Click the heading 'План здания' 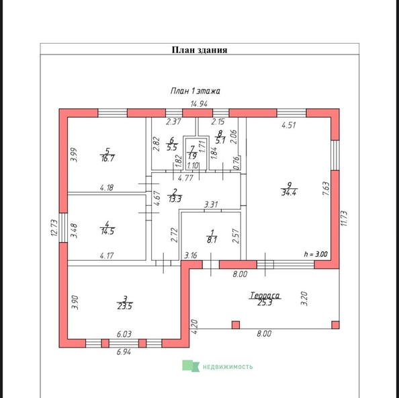(x=199, y=50)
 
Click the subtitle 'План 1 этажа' (x=195, y=91)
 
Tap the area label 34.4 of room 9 (x=289, y=192)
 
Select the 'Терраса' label (x=265, y=295)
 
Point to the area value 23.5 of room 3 (x=125, y=306)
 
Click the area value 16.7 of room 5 (x=107, y=159)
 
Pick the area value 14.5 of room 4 (x=107, y=231)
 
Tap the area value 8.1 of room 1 (x=212, y=240)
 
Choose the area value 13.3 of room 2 (x=175, y=199)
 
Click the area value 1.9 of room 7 (x=192, y=156)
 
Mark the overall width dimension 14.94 (x=199, y=104)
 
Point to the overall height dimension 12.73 (x=54, y=228)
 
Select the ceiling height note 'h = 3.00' (x=316, y=254)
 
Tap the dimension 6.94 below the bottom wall (x=124, y=352)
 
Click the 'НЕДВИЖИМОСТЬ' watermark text (x=228, y=366)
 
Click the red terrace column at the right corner (x=335, y=325)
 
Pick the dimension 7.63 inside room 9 (x=326, y=188)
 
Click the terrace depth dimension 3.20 (x=304, y=298)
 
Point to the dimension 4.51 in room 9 (x=289, y=125)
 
